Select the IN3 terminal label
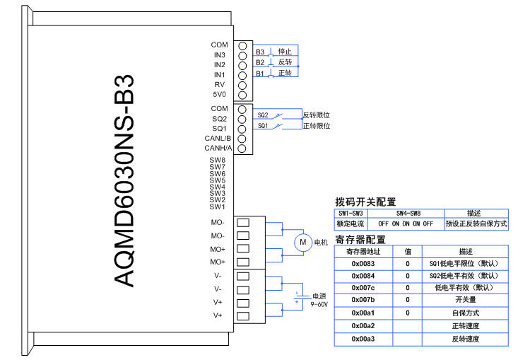coord(219,55)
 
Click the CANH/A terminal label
coord(218,149)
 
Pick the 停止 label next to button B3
coord(285,52)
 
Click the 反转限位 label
coord(317,115)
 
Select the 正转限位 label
coord(317,127)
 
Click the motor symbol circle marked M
coord(302,243)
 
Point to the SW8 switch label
coord(217,161)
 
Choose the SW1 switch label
coord(217,207)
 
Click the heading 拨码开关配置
coord(365,202)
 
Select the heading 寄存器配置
coord(360,240)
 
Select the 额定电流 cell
coord(351,224)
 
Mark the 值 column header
coord(408,251)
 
